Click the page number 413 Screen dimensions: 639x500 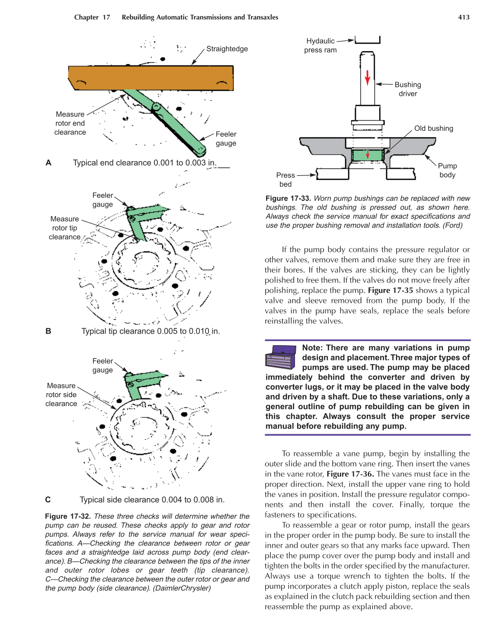(464, 17)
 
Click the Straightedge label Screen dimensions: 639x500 (227, 49)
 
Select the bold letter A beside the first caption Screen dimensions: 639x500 (48, 163)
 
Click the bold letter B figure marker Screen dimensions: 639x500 (48, 331)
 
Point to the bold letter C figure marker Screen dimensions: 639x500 (48, 500)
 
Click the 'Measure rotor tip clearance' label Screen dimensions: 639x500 (65, 228)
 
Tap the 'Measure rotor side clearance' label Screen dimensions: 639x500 (61, 394)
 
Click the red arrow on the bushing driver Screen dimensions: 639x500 (367, 77)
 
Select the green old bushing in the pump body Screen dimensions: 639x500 (367, 155)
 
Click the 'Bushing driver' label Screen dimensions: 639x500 (407, 89)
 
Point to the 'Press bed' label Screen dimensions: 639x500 (285, 180)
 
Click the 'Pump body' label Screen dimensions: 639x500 (447, 170)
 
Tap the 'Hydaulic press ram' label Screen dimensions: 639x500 (321, 45)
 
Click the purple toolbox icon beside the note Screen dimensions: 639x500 (280, 357)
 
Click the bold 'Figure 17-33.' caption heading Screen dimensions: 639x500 (288, 198)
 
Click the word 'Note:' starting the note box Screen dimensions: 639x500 (312, 348)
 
